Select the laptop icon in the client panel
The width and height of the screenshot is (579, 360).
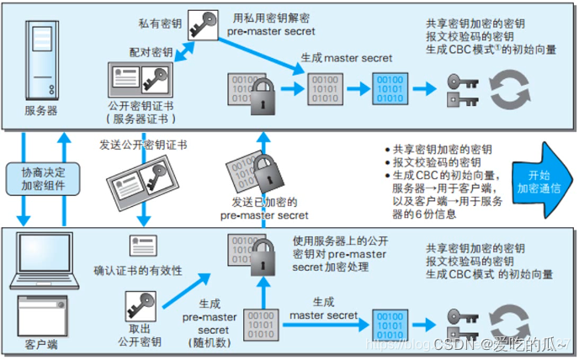[x=38, y=258]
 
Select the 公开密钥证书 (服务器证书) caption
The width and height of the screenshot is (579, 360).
[x=141, y=112]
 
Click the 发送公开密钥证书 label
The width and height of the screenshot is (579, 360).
[x=144, y=144]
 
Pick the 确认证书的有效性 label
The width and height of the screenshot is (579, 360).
[x=138, y=271]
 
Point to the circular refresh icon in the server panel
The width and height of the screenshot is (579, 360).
[x=507, y=89]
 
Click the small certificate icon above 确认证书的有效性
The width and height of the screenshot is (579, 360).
[x=141, y=246]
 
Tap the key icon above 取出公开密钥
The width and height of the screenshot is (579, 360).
[x=140, y=302]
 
